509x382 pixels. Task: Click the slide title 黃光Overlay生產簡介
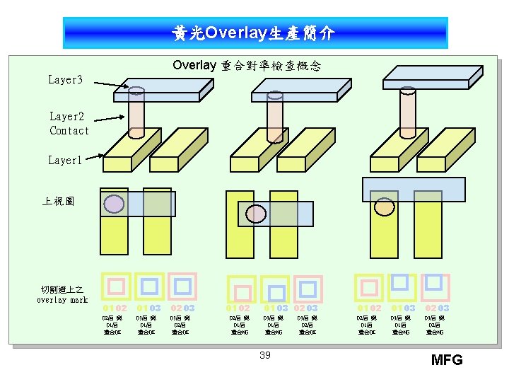pos(255,33)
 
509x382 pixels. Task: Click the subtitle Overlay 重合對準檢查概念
pos(247,66)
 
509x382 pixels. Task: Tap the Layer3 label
pos(65,80)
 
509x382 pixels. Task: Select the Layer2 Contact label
pos(69,123)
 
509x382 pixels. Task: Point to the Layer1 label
pos(65,161)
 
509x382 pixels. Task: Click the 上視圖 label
pos(57,202)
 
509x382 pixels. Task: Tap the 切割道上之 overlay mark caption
pos(62,294)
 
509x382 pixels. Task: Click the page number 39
pos(264,355)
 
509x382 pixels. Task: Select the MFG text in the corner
pos(447,360)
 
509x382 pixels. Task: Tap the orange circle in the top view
pos(384,206)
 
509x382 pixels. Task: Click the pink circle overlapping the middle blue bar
pos(251,212)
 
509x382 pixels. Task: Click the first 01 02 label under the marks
pos(115,308)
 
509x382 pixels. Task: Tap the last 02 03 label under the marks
pos(437,308)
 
